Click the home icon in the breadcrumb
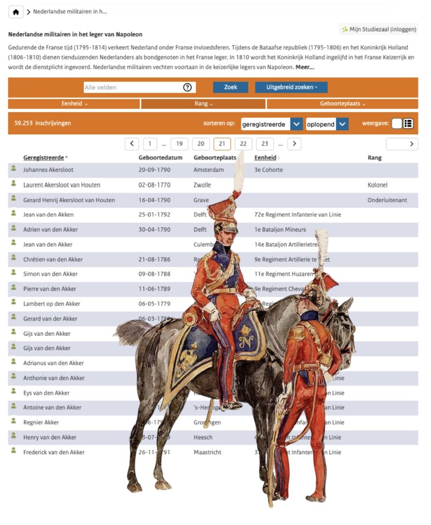tap(16, 12)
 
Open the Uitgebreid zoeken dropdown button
tap(291, 87)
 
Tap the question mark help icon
tap(187, 87)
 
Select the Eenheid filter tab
tap(74, 104)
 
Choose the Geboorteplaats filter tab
tap(342, 104)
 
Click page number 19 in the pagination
tap(179, 144)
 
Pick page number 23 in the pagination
tap(264, 144)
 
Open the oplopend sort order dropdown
tap(327, 124)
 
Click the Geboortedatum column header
tap(160, 158)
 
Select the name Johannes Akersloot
tap(48, 170)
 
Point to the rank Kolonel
tap(377, 185)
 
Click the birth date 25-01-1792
tap(154, 214)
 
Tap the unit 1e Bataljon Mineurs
tap(280, 229)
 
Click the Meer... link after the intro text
tap(304, 67)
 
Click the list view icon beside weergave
tap(408, 124)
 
